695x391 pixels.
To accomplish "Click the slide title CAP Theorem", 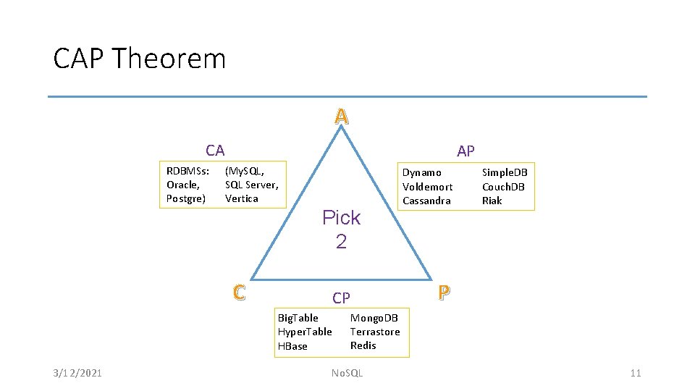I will [x=140, y=59].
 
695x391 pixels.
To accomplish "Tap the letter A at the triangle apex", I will [x=342, y=116].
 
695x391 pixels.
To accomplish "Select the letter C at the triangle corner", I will [x=239, y=292].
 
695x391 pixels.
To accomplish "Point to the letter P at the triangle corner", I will [x=444, y=292].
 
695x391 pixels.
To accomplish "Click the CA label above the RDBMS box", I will [x=215, y=151].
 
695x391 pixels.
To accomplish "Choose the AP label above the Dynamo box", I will [x=466, y=151].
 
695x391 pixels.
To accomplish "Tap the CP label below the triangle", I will [x=341, y=298].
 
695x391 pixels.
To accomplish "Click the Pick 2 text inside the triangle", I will [x=341, y=229].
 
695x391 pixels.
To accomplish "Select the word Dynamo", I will [x=421, y=172].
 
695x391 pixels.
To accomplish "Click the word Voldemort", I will [x=427, y=187].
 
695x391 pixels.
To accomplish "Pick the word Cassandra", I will [x=426, y=201].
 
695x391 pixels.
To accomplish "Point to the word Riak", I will [x=492, y=201].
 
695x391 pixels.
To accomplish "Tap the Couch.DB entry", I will [x=503, y=187].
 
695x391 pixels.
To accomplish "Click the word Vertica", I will [x=241, y=198].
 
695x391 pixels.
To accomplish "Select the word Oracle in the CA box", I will [x=182, y=185].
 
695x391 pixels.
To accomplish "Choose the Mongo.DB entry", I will [x=374, y=318].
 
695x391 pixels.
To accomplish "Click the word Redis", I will [x=363, y=345].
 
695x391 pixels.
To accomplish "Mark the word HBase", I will [x=292, y=346].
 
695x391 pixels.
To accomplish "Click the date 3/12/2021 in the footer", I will [x=77, y=373].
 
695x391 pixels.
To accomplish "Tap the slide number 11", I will [x=636, y=373].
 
